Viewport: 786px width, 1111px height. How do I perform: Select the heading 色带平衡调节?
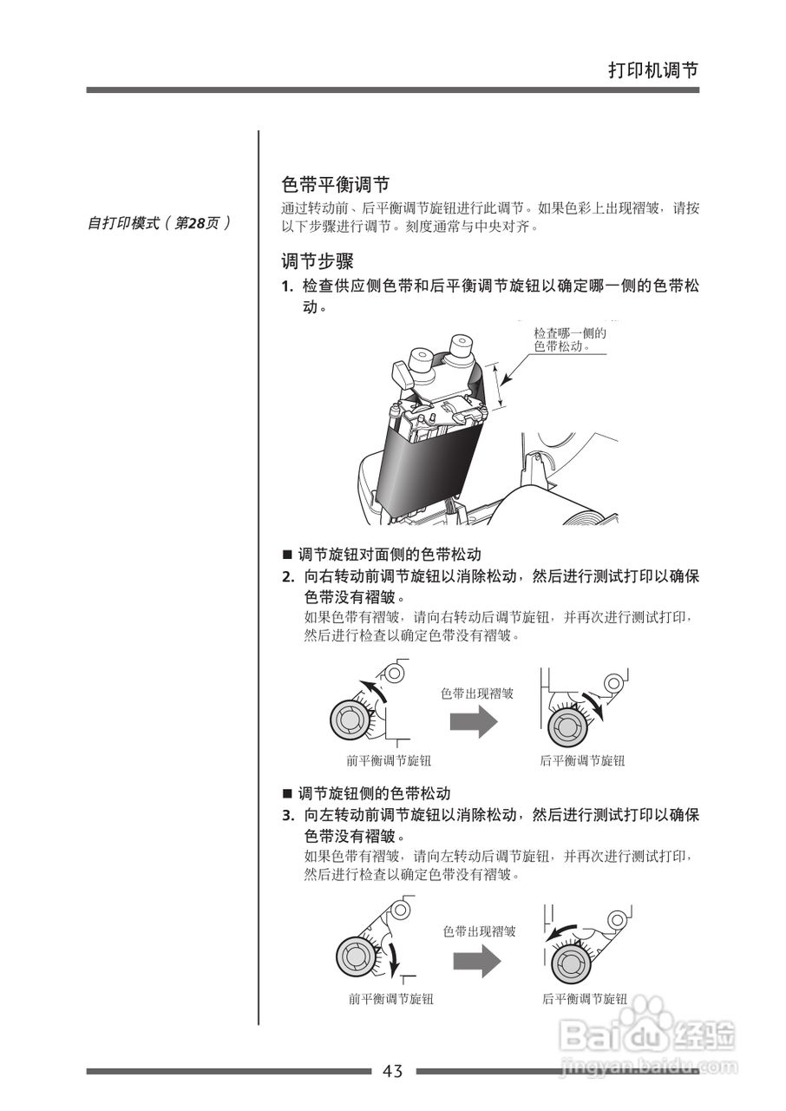pyautogui.click(x=336, y=185)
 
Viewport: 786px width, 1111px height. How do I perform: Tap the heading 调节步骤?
pyautogui.click(x=318, y=260)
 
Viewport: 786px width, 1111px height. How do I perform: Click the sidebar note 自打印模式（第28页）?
pyautogui.click(x=160, y=223)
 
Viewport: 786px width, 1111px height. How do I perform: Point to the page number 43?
pyautogui.click(x=393, y=1071)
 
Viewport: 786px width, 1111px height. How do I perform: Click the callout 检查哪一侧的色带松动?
pyautogui.click(x=569, y=339)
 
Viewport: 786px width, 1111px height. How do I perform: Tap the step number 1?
pyautogui.click(x=286, y=287)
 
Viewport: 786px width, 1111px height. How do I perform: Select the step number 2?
pyautogui.click(x=287, y=577)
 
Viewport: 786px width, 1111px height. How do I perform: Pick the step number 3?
pyautogui.click(x=287, y=816)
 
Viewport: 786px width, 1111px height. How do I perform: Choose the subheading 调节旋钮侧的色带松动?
pyautogui.click(x=374, y=792)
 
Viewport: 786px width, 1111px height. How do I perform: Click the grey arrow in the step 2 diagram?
pyautogui.click(x=472, y=721)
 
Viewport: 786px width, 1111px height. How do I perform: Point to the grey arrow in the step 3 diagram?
pyautogui.click(x=475, y=961)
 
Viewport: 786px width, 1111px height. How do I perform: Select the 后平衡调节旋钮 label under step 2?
pyautogui.click(x=582, y=760)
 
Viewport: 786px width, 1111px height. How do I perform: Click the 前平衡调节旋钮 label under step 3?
pyautogui.click(x=391, y=999)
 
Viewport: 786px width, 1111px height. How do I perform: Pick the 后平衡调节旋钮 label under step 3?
pyautogui.click(x=585, y=999)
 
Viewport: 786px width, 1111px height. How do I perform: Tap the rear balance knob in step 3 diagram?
pyautogui.click(x=570, y=961)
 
